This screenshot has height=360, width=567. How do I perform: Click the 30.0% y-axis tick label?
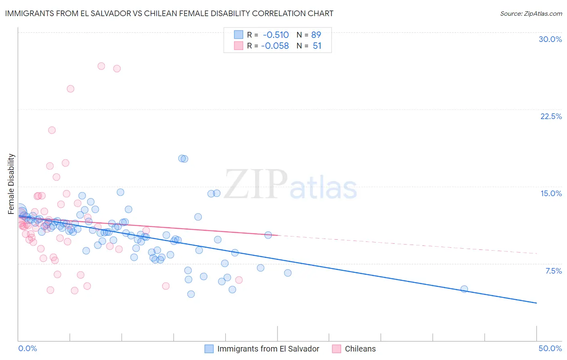click(550, 39)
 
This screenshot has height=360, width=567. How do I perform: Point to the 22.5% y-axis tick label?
click(551, 116)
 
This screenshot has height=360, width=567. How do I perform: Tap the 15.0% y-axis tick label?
click(551, 193)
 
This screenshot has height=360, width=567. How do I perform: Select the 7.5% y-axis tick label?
click(553, 271)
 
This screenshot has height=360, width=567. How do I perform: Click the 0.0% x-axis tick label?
click(27, 348)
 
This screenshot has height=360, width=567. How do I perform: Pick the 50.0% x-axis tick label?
click(550, 348)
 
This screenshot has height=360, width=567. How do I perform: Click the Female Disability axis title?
click(11, 184)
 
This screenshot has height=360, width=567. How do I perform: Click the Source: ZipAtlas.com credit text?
click(531, 13)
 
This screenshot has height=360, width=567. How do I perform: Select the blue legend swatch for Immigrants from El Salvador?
click(209, 349)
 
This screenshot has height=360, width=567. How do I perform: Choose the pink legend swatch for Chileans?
click(336, 349)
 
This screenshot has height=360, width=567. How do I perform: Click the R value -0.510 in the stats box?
click(275, 35)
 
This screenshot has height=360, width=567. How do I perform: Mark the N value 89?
click(316, 35)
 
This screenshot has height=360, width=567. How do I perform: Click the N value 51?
click(317, 46)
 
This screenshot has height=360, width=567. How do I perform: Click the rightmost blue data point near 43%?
click(464, 289)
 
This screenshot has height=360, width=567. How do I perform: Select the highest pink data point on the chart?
click(101, 66)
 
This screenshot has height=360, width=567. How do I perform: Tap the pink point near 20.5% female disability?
click(52, 130)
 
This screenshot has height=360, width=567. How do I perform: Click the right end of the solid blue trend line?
click(536, 303)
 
